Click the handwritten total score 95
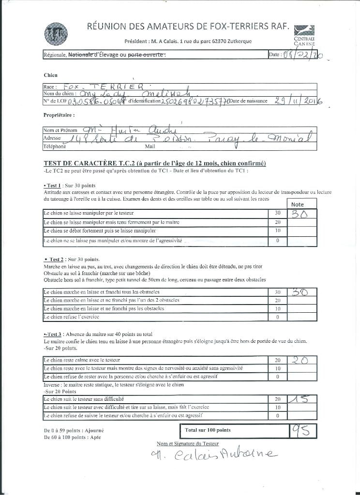tap(302, 430)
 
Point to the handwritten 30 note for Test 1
tap(301, 213)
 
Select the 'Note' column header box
tap(298, 204)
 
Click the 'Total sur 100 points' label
tap(208, 430)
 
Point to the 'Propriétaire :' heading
tap(59, 116)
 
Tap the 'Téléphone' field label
tap(55, 146)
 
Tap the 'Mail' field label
tap(150, 146)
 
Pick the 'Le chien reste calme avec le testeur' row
tap(82, 360)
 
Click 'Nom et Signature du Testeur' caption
tap(188, 443)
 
